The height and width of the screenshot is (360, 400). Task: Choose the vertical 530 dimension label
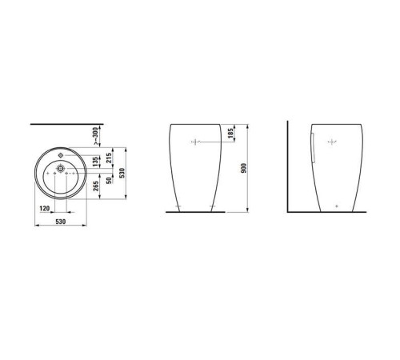point(122,174)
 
